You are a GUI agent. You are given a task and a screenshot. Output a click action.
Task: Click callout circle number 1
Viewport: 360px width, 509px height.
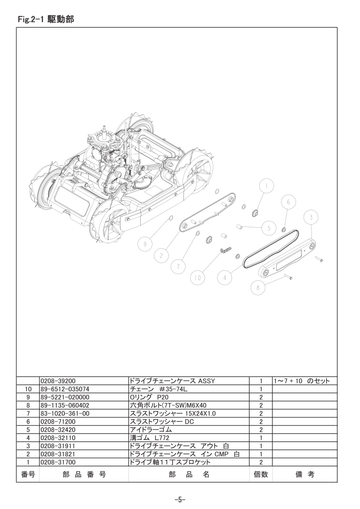(266, 186)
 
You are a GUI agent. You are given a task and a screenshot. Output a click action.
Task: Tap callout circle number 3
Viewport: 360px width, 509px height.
(311, 217)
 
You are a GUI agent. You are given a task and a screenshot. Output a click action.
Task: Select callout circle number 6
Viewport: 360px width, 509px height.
(288, 202)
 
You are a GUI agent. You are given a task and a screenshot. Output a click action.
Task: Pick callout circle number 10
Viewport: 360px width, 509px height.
(198, 278)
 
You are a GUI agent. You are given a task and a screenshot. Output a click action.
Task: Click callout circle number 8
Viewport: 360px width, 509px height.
(258, 287)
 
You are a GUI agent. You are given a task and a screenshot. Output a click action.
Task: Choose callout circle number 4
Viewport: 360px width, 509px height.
(225, 278)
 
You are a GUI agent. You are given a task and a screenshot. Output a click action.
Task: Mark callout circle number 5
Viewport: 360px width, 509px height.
(269, 228)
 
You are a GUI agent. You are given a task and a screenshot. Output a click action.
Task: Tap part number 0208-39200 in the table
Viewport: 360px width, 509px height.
(58, 381)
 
